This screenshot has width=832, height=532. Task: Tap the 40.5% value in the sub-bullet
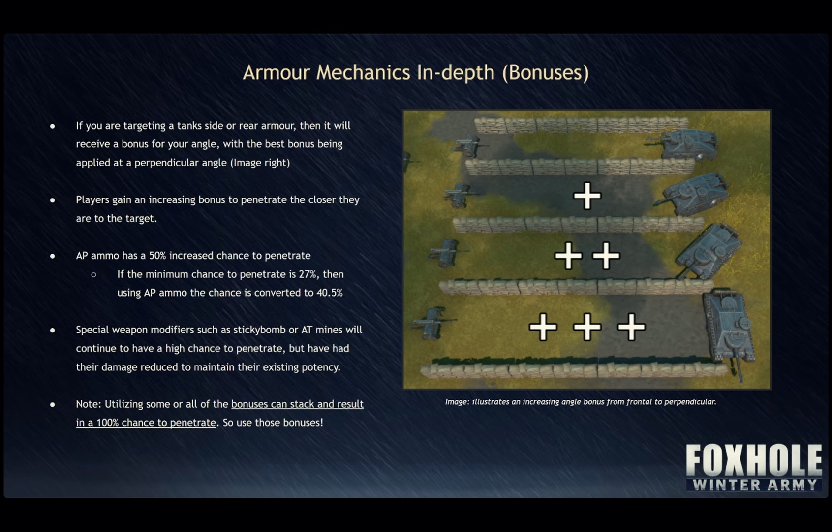[330, 293]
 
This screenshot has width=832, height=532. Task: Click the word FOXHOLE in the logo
[754, 460]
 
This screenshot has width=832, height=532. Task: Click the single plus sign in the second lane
[587, 196]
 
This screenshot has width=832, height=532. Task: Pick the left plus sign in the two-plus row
[568, 256]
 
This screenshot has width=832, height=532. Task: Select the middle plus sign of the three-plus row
[587, 327]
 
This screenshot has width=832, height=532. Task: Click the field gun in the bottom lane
[432, 324]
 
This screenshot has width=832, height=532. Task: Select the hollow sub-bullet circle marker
[93, 275]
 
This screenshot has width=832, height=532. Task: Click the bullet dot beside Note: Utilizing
[52, 405]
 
